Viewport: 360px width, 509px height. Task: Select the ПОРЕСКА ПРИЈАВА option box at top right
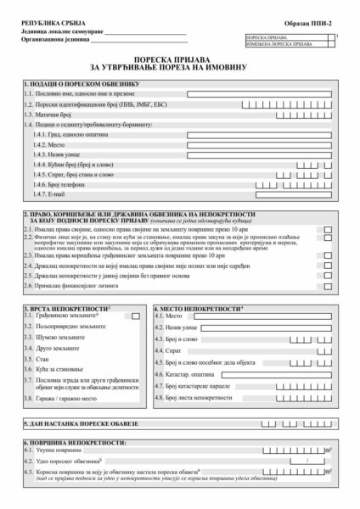(334, 37)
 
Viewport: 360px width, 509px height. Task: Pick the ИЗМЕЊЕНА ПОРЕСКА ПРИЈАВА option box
(334, 44)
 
